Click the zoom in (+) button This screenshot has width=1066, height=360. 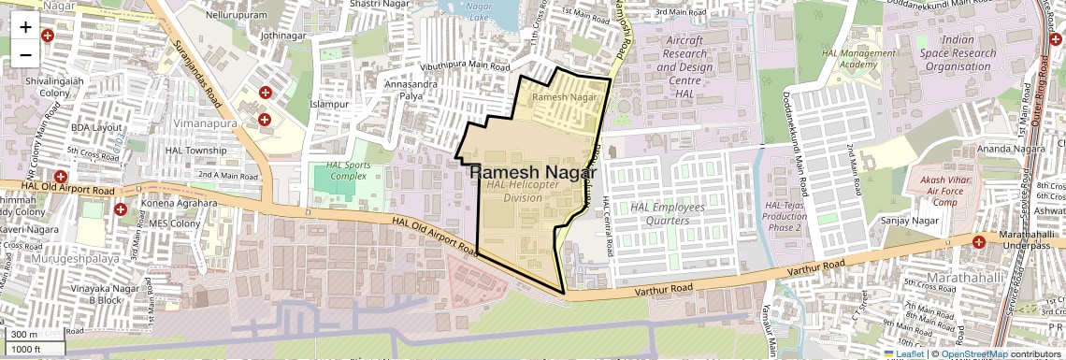[x=25, y=27]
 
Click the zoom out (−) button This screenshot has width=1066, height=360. [x=25, y=53]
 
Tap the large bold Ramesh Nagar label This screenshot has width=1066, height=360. [x=532, y=173]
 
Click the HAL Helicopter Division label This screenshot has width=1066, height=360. [x=523, y=191]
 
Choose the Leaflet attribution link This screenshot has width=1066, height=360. [x=905, y=353]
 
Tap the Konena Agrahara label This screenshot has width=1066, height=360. [x=179, y=203]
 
